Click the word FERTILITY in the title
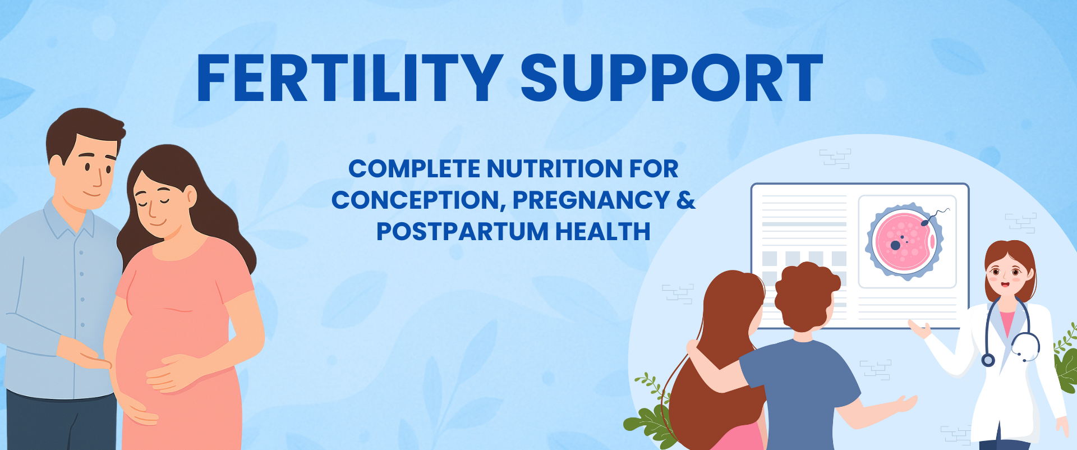coord(349,78)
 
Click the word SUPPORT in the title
coord(671,78)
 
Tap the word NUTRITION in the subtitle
coord(554,168)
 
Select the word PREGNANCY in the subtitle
coord(591,200)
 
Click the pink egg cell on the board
coord(904,241)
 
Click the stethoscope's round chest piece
coord(988,360)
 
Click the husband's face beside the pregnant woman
coord(90,168)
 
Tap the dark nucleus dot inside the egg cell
coord(896,245)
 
